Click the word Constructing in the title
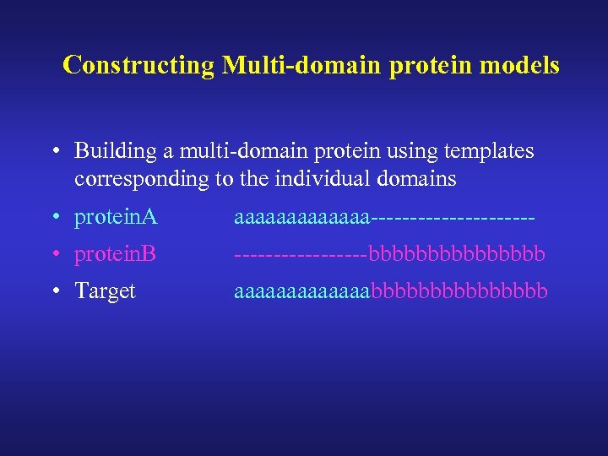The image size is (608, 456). [139, 65]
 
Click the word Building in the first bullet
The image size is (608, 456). [111, 151]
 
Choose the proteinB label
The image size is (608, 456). [116, 253]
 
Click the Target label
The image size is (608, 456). [105, 290]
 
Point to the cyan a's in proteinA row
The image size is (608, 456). [302, 218]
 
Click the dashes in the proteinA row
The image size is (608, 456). [453, 218]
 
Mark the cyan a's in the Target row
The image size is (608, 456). [302, 290]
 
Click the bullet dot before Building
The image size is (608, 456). [53, 152]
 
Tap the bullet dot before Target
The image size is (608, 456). [53, 291]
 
